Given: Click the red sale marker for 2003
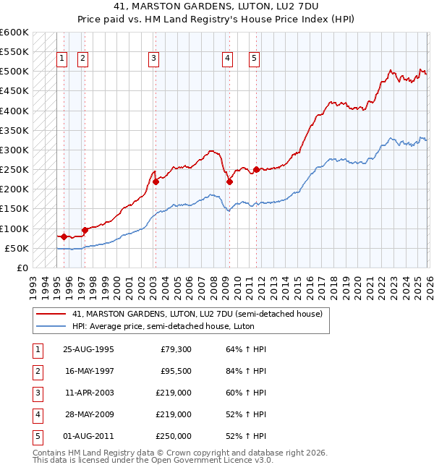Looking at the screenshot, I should (156, 182).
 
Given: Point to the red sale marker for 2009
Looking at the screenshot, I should (229, 182).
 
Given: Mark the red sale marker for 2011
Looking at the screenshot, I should (256, 170).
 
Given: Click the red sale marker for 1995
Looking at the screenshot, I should (64, 236).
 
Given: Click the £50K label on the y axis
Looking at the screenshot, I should (17, 248).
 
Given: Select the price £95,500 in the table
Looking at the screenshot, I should (175, 371).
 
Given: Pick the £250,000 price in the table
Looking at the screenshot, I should (173, 436).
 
